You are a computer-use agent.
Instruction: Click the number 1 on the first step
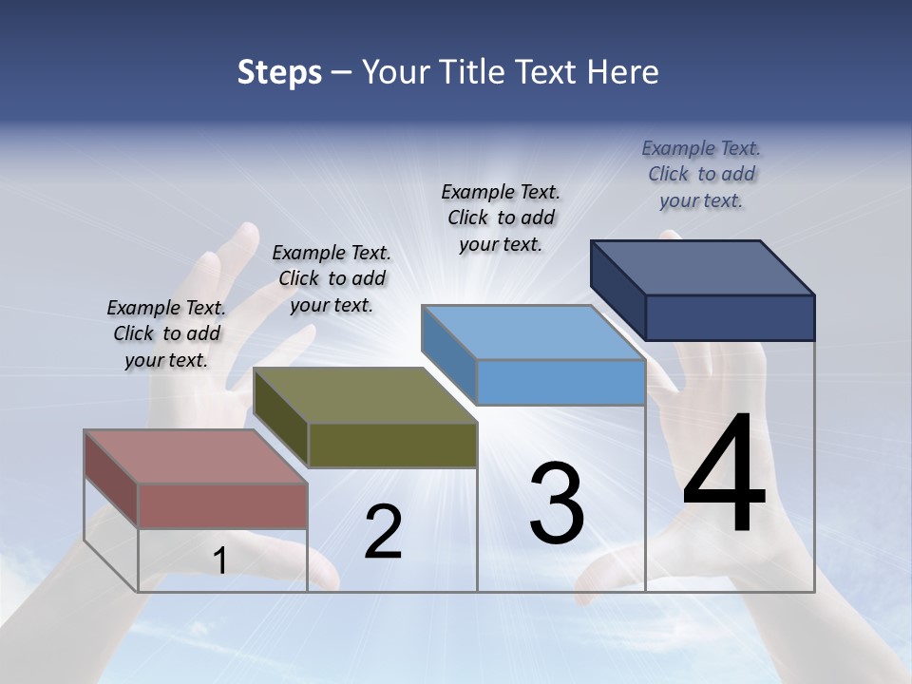[219, 561]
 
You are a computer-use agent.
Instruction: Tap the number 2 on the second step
[383, 532]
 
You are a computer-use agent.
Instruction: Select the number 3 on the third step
[557, 503]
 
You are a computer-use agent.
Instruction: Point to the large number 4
[724, 474]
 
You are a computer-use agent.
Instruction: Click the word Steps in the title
[279, 72]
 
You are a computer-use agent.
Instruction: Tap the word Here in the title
[624, 72]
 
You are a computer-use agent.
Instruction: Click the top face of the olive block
[366, 395]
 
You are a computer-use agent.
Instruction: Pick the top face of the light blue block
[533, 332]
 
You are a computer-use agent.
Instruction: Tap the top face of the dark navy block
[703, 267]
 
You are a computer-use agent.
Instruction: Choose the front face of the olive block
[392, 445]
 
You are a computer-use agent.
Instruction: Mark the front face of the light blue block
[560, 382]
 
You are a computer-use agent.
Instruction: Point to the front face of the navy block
[730, 317]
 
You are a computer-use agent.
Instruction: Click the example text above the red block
[166, 333]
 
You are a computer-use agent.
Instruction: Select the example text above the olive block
[332, 278]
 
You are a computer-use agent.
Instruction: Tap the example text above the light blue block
[501, 218]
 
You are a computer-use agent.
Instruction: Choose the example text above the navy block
[701, 174]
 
